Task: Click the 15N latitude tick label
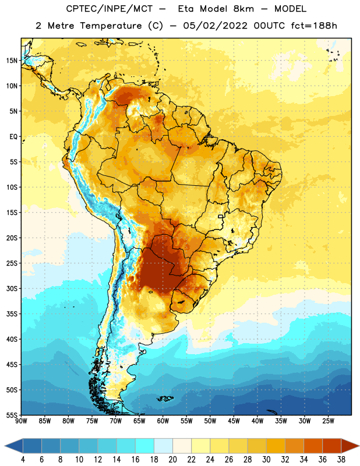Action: [12, 61]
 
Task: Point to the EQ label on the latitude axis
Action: [13, 137]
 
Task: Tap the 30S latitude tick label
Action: [12, 288]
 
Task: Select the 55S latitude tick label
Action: [12, 415]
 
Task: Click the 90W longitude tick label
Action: [21, 421]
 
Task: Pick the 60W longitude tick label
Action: [163, 421]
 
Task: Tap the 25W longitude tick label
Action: [328, 421]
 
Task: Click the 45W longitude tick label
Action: [234, 421]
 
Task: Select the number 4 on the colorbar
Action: [23, 460]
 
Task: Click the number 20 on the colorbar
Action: [172, 460]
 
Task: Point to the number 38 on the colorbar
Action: [341, 460]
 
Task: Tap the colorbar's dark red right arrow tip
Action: [359, 446]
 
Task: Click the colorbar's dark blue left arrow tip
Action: [5, 446]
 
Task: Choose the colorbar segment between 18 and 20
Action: [163, 446]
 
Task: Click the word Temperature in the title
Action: [111, 26]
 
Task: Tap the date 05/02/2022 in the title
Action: [215, 26]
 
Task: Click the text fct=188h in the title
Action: [314, 26]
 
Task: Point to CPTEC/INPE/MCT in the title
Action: [110, 9]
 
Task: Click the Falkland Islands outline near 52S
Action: [165, 398]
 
